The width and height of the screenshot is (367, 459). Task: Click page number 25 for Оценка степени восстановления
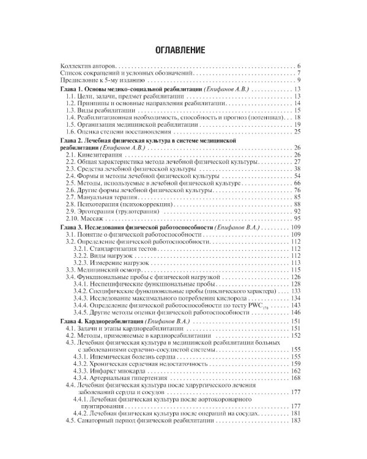(x=298, y=131)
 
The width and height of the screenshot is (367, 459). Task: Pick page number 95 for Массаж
(x=298, y=218)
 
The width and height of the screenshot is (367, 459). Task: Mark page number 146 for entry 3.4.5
(x=296, y=312)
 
